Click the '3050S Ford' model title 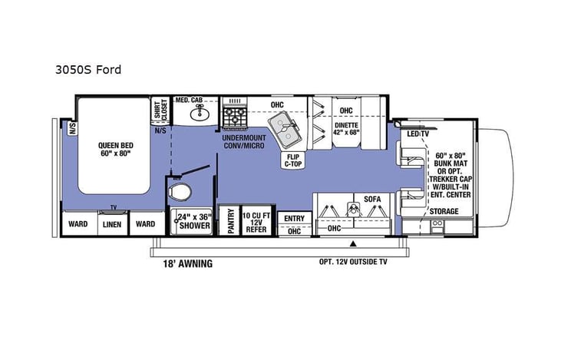88,69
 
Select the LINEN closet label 111,224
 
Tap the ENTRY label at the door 294,218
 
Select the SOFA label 372,199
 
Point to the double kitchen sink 285,131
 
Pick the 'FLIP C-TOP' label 295,159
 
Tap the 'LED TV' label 418,135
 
